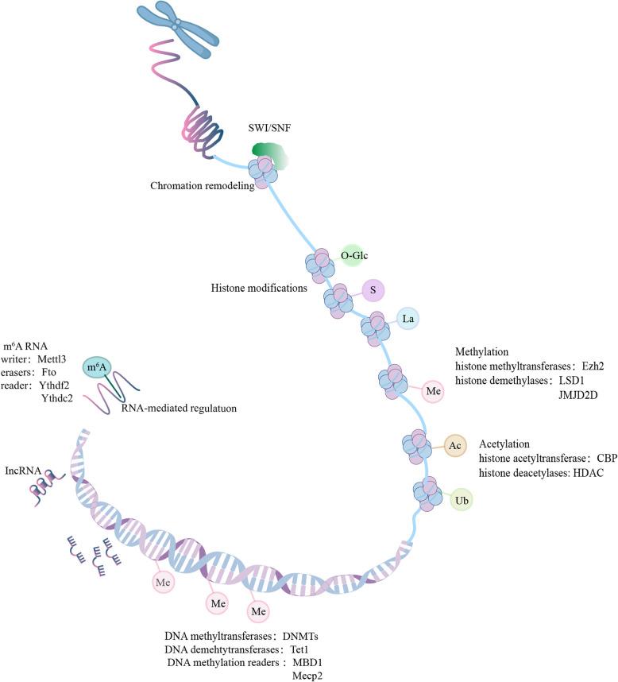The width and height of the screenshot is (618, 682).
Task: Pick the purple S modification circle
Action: click(373, 290)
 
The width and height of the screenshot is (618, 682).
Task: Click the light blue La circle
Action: click(408, 320)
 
